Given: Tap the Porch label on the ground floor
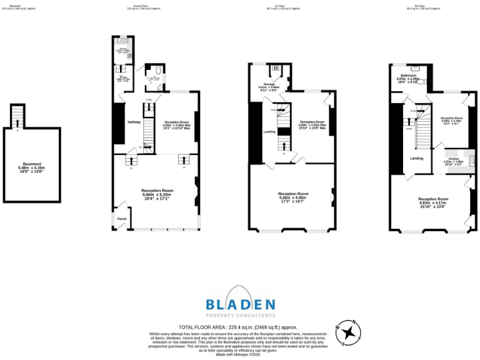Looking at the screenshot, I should (x=121, y=219).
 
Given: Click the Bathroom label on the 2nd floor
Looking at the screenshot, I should (x=409, y=76).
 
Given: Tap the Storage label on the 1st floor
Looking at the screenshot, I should (x=269, y=84).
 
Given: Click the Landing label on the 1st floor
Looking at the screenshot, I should (x=269, y=131).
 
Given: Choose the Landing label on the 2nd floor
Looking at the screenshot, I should (x=416, y=158).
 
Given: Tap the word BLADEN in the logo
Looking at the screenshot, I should (x=241, y=304).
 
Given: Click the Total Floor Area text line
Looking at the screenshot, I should (x=238, y=327).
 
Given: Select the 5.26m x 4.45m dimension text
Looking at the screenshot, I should (x=293, y=197).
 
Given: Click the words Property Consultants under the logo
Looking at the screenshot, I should (x=241, y=316).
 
